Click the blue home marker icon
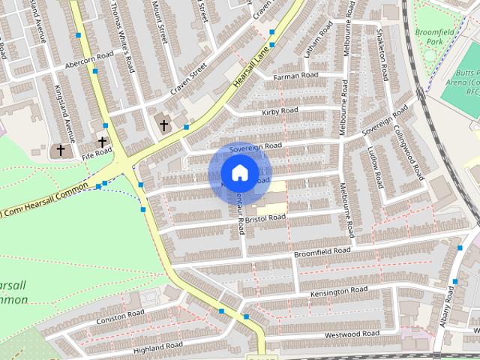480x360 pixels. (x=239, y=173)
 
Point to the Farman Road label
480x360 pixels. (x=295, y=76)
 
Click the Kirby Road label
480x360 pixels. (x=280, y=111)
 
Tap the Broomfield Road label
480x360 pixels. (x=322, y=253)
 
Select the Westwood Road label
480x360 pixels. (x=352, y=332)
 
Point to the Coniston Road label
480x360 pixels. (x=119, y=317)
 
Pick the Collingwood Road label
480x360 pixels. (x=409, y=151)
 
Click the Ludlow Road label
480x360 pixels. (x=374, y=167)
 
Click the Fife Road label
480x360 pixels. (x=97, y=152)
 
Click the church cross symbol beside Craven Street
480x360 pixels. (x=163, y=125)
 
